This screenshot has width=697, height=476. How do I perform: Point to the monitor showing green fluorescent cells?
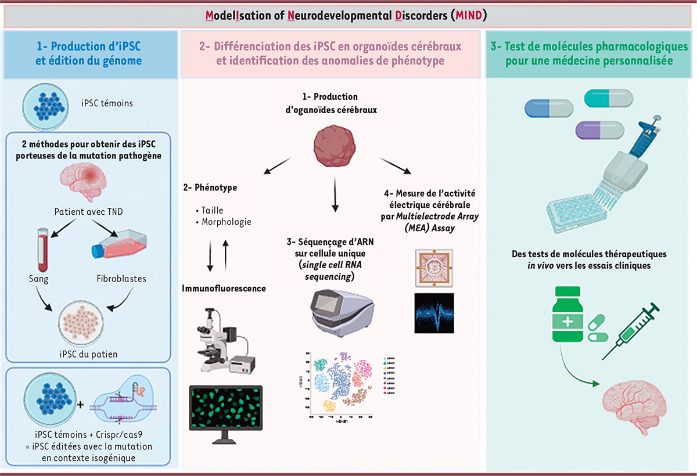225,409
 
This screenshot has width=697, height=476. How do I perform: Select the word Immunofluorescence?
224,288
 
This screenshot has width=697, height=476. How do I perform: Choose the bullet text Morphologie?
226,222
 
